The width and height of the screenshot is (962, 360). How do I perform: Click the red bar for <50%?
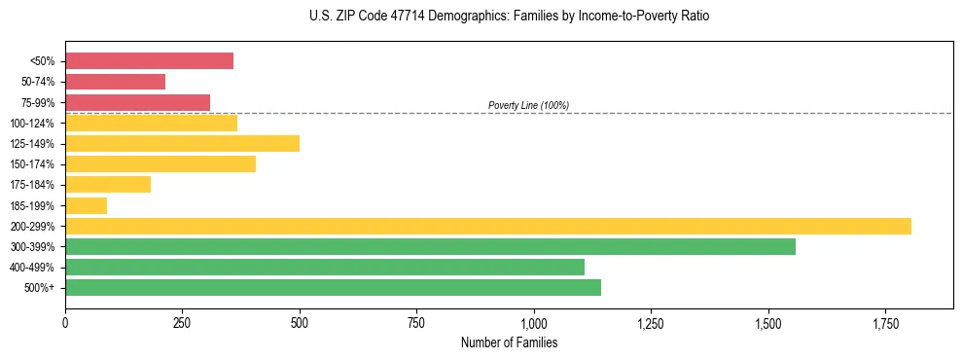click(x=149, y=61)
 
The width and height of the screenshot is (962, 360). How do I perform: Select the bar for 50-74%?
click(x=115, y=82)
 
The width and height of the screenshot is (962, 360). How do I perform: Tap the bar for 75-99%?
click(x=137, y=102)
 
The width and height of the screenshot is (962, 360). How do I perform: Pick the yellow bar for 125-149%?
click(x=182, y=143)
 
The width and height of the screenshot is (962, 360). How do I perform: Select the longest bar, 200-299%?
click(x=487, y=226)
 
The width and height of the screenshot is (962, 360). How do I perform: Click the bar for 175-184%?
click(x=108, y=185)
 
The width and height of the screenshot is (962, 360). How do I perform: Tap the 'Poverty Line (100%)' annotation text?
click(x=528, y=105)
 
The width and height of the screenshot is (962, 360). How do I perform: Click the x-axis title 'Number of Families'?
click(x=509, y=342)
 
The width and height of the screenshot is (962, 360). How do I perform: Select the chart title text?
click(x=509, y=17)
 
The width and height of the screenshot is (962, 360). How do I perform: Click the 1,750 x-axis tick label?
click(x=885, y=323)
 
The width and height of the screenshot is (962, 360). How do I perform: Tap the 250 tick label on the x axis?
click(x=183, y=323)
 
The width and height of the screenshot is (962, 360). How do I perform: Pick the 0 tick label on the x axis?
click(x=65, y=323)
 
